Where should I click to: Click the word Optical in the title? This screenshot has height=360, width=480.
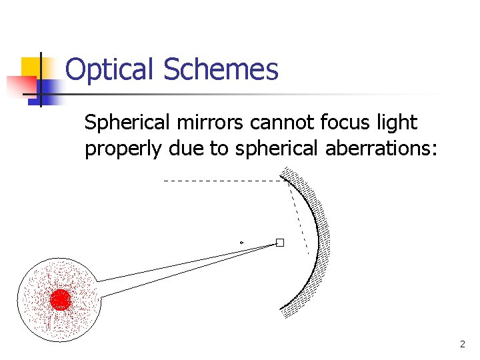click(110, 69)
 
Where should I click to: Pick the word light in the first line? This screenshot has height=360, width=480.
click(397, 123)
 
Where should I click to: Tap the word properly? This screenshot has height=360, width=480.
click(123, 149)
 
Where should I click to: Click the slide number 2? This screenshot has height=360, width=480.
click(462, 345)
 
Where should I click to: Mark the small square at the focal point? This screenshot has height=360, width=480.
click(280, 243)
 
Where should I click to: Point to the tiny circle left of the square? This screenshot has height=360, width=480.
click(241, 242)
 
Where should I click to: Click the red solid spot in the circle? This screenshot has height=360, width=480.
click(61, 300)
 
